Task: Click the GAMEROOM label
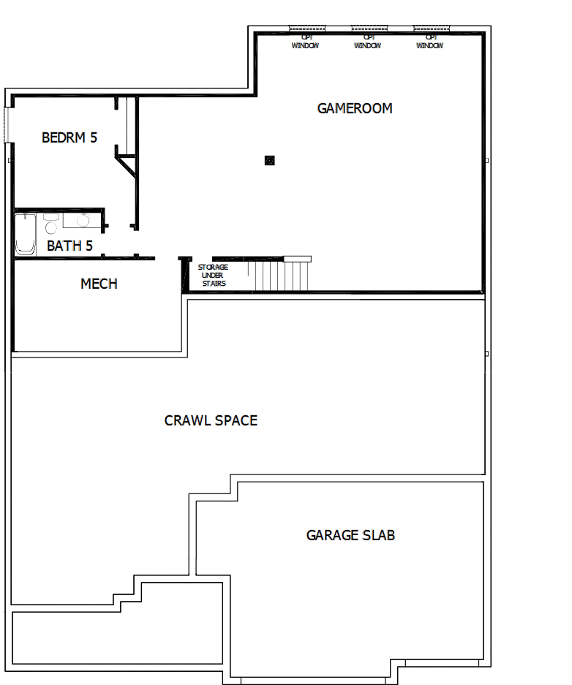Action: (355, 108)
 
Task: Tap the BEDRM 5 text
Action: (69, 137)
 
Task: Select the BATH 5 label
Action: (69, 246)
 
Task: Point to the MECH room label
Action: (99, 284)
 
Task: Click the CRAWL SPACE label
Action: (211, 420)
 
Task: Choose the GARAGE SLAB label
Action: (350, 535)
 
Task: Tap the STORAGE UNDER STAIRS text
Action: (213, 275)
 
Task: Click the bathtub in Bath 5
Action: (26, 234)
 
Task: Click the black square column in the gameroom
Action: (269, 160)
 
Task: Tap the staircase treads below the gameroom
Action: (282, 276)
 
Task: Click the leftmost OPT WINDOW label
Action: (305, 42)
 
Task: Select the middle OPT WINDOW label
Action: (367, 42)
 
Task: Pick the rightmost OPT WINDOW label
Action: (430, 42)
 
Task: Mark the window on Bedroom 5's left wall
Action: (8, 126)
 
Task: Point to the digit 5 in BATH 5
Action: (89, 246)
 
